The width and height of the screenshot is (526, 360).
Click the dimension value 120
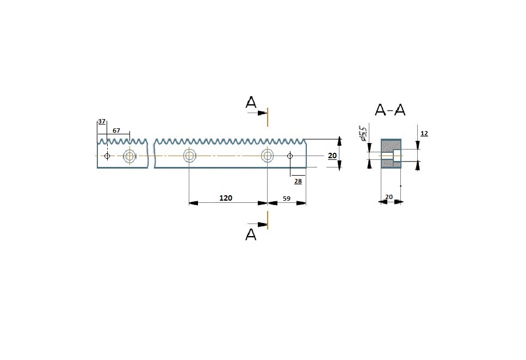(225, 198)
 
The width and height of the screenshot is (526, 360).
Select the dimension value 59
(287, 198)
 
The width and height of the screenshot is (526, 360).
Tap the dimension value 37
(102, 121)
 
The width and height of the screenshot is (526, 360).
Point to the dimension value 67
(116, 131)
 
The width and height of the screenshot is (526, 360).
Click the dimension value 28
(298, 181)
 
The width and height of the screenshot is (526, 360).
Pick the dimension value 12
(424, 134)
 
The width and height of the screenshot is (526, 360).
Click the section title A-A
(390, 110)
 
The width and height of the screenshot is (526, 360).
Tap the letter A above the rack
(251, 102)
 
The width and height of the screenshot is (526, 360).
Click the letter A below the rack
(251, 234)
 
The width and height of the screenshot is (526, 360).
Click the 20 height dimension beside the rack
(332, 156)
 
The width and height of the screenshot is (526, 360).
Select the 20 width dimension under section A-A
(389, 197)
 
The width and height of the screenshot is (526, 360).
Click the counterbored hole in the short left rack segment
(129, 156)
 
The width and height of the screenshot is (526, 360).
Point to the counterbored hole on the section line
(268, 156)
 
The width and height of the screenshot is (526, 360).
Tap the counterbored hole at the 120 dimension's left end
(189, 156)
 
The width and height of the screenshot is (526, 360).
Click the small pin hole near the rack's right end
(290, 156)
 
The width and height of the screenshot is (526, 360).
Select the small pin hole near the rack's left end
(107, 156)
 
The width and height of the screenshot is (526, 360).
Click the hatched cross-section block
(391, 153)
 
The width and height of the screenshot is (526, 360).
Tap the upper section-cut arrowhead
(262, 114)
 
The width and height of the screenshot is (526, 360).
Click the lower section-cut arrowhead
(262, 224)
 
